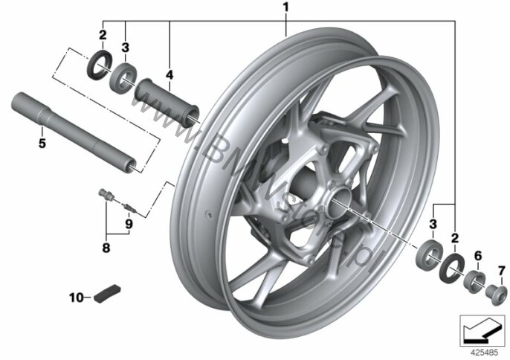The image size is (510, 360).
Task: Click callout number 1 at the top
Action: (285, 8)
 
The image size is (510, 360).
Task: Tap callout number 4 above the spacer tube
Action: (170, 75)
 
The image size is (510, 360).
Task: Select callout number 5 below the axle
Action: (42, 143)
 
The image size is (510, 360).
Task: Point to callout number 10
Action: (77, 298)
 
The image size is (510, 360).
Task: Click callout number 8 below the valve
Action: (106, 248)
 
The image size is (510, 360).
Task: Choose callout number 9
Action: (129, 224)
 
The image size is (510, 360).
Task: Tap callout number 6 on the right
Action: (478, 256)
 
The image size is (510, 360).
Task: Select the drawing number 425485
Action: (484, 353)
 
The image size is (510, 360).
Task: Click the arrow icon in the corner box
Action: (482, 330)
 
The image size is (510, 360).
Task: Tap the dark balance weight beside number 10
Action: (107, 294)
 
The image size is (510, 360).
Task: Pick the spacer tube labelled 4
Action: (167, 102)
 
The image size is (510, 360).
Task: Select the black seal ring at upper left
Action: (100, 65)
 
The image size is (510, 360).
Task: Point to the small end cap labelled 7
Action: (496, 295)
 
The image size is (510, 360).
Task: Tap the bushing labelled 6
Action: (474, 280)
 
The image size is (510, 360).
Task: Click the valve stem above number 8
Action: (107, 195)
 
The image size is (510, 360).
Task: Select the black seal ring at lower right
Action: (452, 266)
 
